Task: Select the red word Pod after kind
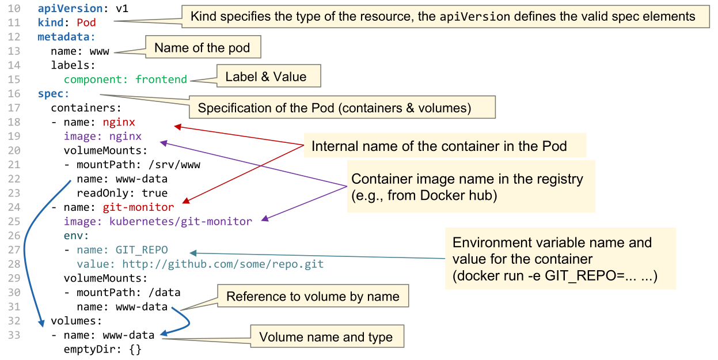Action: coord(86,24)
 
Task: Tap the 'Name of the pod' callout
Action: coord(202,48)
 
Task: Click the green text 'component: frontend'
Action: coord(125,79)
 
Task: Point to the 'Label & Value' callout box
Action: coord(265,77)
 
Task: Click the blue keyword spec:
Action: coord(54,93)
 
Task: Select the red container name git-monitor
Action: coord(138,207)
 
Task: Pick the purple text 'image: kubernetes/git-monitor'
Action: coord(158,221)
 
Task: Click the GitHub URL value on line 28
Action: coord(222,264)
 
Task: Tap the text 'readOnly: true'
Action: coord(122,193)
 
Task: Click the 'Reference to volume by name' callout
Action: coord(313,297)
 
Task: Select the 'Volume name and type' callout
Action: coord(326,337)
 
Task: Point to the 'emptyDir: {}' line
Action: coord(102,349)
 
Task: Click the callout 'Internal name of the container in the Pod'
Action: coord(439,146)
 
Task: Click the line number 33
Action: coord(14,335)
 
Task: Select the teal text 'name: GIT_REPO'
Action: coord(122,249)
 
